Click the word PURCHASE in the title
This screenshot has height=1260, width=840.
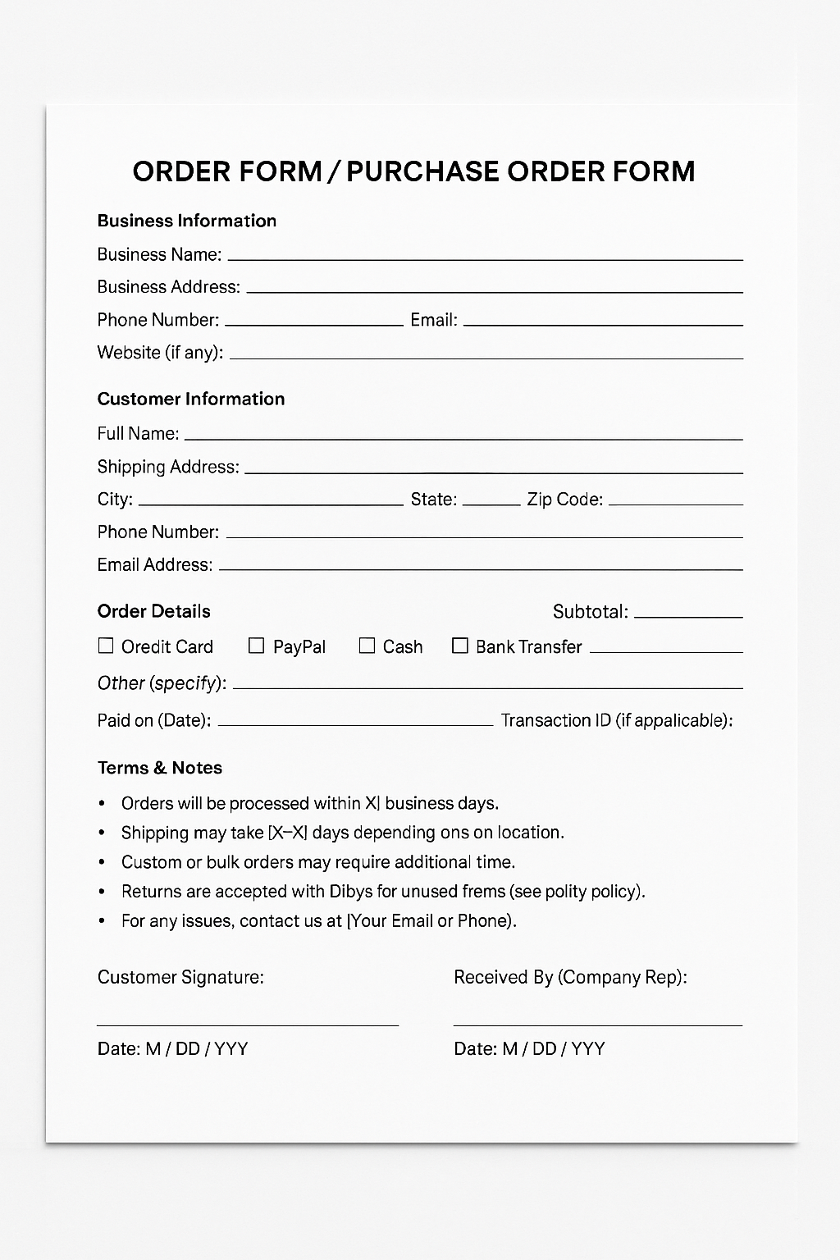[422, 171]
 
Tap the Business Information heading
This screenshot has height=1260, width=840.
[186, 221]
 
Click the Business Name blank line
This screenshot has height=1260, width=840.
[485, 259]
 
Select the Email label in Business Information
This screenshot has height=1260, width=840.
[433, 320]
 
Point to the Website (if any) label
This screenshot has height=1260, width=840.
[159, 353]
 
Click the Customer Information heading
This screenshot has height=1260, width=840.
[190, 399]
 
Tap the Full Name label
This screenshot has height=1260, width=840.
[137, 433]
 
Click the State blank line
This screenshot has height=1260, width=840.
[491, 504]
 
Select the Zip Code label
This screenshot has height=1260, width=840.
[564, 500]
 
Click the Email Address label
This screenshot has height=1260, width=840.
[154, 564]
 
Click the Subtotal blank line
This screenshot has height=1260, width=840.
[688, 616]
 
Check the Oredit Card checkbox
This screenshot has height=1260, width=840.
[106, 646]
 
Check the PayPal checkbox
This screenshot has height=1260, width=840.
[257, 646]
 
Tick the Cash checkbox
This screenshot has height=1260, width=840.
[367, 646]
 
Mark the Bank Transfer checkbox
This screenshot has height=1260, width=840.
[460, 646]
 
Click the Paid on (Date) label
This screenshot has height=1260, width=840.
[153, 720]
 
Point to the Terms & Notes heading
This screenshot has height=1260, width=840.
[159, 768]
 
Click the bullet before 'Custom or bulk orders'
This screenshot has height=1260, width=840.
[102, 862]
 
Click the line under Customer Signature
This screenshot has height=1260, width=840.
[247, 1025]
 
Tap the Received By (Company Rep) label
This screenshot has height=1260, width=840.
[570, 977]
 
